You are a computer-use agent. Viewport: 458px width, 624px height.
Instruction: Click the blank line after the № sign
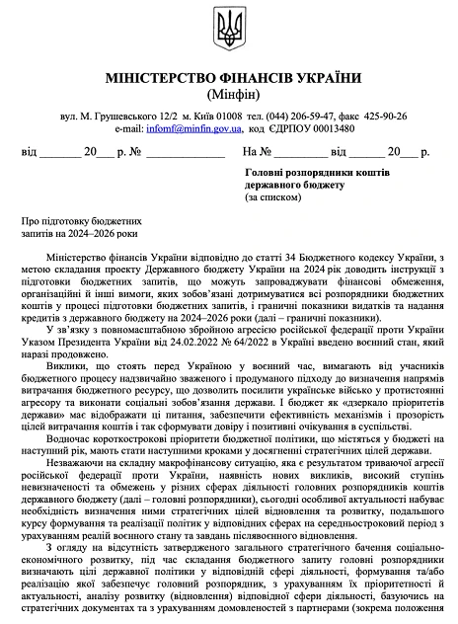coord(180,154)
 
